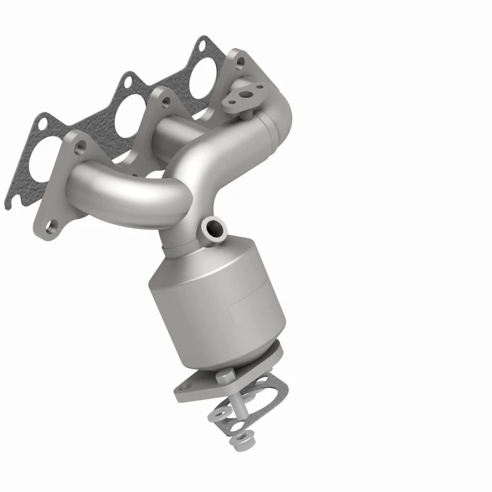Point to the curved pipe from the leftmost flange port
coord(129,191)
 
